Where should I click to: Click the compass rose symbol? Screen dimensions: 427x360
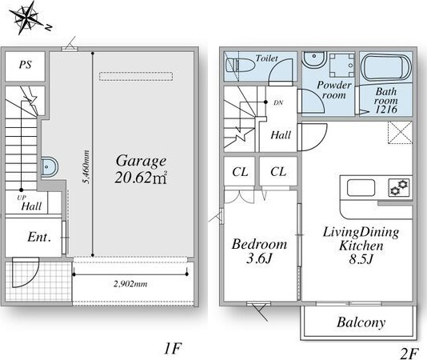[x=27, y=18]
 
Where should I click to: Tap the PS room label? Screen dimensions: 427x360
[x=25, y=65]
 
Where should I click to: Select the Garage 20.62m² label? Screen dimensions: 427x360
[x=141, y=170]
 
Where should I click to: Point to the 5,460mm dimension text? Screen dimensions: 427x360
[x=86, y=166]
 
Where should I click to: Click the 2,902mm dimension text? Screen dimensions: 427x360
[x=130, y=284]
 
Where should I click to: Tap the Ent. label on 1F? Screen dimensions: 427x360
[x=39, y=237]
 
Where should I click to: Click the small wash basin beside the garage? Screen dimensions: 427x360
[x=50, y=166]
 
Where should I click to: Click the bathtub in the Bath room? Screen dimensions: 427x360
[x=385, y=69]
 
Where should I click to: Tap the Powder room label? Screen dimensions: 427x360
[x=334, y=90]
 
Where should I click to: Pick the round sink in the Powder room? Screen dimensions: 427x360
[x=315, y=60]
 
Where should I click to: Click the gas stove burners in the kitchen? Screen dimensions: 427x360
[x=399, y=187]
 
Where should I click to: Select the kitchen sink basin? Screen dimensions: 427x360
[x=361, y=187]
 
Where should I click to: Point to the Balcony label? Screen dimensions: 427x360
[x=361, y=322]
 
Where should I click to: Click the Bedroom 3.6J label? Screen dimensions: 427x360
[x=259, y=251]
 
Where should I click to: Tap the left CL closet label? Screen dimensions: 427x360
[x=240, y=172]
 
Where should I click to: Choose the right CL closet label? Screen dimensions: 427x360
[x=278, y=172]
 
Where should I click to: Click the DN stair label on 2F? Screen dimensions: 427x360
[x=278, y=102]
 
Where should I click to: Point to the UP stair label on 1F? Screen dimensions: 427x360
[x=22, y=198]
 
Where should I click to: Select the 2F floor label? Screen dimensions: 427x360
[x=409, y=354]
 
